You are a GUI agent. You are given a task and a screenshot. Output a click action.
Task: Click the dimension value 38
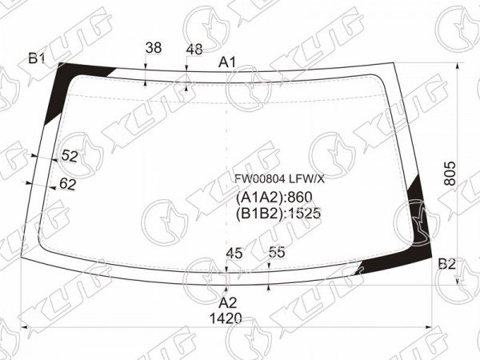click(154, 48)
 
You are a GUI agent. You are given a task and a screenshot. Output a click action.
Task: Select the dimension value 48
click(194, 50)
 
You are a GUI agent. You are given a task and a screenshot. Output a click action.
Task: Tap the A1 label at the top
click(227, 62)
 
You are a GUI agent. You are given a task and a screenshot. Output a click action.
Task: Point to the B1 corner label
click(37, 58)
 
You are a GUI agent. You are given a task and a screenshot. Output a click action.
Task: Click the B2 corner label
click(447, 263)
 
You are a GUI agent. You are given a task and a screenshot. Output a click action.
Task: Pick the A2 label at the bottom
click(228, 302)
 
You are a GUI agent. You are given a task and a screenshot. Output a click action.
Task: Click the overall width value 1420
click(226, 318)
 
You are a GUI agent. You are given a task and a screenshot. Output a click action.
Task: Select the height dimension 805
click(450, 174)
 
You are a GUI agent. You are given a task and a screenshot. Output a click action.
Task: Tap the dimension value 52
click(70, 156)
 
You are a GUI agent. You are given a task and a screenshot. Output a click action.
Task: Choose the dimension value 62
click(67, 184)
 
